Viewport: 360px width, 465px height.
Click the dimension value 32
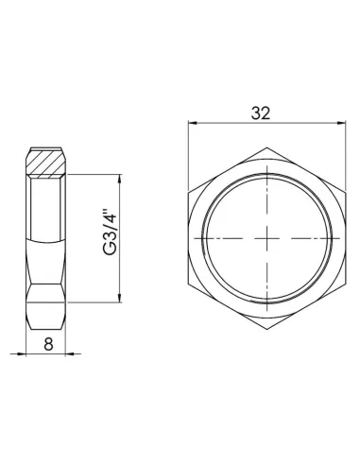(x=262, y=112)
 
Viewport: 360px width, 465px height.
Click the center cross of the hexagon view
(x=262, y=237)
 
